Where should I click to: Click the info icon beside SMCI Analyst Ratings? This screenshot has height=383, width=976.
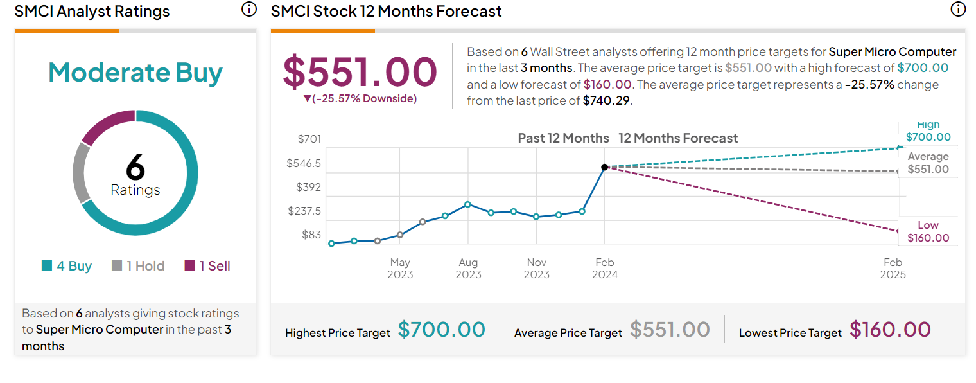click(x=248, y=10)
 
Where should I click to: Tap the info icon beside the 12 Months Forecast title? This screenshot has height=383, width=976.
click(x=957, y=10)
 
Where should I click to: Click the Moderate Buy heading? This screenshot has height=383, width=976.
click(x=135, y=73)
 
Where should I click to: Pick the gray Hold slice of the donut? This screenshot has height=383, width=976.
click(x=82, y=172)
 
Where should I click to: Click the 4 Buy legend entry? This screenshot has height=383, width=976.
click(x=67, y=266)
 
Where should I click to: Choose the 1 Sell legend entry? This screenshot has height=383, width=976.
click(x=207, y=266)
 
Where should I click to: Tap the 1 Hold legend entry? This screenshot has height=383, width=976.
click(x=138, y=266)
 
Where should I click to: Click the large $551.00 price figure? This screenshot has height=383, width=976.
click(x=360, y=71)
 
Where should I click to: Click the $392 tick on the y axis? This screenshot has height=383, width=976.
click(x=309, y=187)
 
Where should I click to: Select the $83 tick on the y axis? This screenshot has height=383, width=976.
click(x=311, y=235)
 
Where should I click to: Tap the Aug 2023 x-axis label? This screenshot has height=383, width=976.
click(x=468, y=268)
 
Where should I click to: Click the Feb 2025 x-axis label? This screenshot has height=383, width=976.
click(x=893, y=268)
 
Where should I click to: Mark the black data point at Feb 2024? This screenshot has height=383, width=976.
click(x=604, y=167)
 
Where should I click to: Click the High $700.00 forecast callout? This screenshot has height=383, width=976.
click(x=928, y=131)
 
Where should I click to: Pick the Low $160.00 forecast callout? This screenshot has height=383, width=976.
click(x=928, y=231)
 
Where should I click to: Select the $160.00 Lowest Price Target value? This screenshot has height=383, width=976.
click(x=890, y=330)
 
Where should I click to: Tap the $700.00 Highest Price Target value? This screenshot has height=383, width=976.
click(x=442, y=330)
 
